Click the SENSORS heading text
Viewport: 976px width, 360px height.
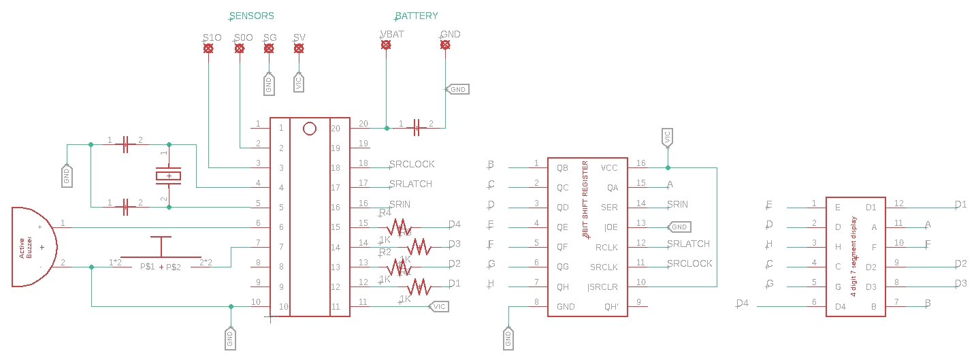click(x=252, y=16)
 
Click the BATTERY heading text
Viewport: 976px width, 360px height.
click(x=417, y=16)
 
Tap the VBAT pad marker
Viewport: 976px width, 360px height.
click(x=386, y=45)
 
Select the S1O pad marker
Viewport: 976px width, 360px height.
click(x=209, y=48)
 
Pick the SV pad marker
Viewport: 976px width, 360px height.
click(x=299, y=48)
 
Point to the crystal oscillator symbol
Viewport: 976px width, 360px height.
click(x=169, y=176)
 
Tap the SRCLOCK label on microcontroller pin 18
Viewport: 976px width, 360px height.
click(x=412, y=165)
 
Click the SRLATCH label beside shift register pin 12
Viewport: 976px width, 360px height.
click(x=688, y=244)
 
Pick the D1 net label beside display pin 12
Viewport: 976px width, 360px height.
click(x=960, y=204)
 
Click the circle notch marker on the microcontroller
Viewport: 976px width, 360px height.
click(x=310, y=128)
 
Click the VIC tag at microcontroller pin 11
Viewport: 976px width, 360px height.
click(x=439, y=307)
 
